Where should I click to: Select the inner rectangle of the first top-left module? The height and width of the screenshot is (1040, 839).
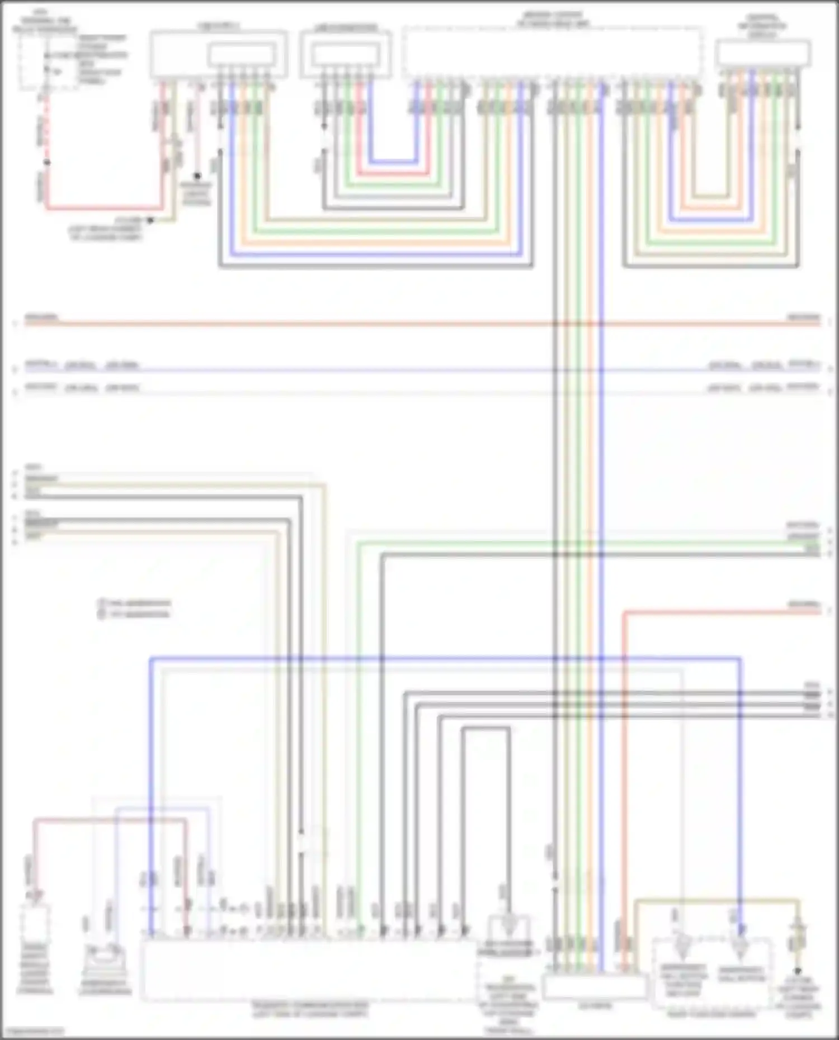(242, 55)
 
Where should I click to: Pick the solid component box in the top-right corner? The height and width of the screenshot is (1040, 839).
(763, 54)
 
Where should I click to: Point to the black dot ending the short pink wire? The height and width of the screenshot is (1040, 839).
(197, 176)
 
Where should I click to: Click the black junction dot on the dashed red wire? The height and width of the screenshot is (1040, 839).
(47, 163)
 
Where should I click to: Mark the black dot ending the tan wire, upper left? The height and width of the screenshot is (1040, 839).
(150, 221)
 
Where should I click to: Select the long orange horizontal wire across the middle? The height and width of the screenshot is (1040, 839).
(419, 324)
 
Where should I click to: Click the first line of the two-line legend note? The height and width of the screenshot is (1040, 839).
(134, 603)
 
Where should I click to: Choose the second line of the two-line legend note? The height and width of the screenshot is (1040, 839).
(134, 614)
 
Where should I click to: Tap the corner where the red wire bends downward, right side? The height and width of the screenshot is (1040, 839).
(624, 614)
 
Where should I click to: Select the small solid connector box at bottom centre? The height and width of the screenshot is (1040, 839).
(595, 987)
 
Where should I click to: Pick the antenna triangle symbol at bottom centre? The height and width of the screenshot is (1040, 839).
(508, 924)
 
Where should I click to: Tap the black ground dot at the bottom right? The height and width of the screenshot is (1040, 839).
(798, 971)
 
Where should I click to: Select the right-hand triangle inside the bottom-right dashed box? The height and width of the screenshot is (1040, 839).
(740, 943)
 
